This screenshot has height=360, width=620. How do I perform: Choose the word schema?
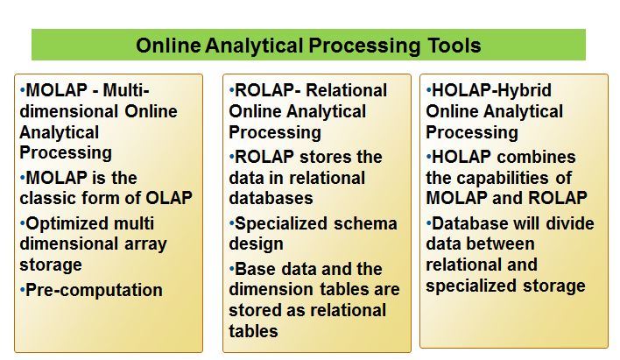pyautogui.click(x=367, y=223)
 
